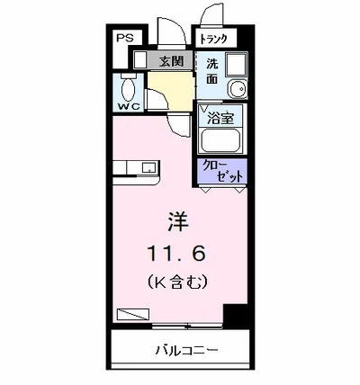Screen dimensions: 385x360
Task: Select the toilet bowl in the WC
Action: [128, 89]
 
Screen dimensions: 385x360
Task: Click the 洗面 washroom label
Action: [211, 71]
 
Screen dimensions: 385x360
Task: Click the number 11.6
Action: [177, 253]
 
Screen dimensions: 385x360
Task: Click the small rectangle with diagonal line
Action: [130, 314]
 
